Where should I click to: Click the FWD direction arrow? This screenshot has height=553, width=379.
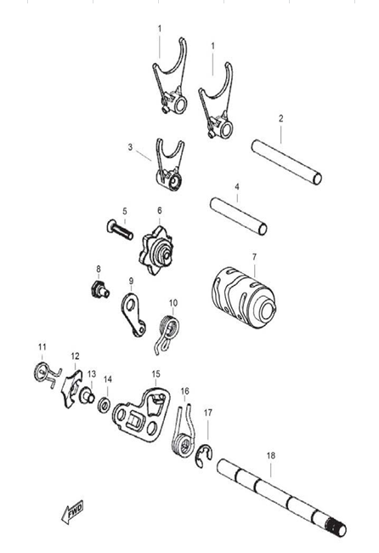(72, 511)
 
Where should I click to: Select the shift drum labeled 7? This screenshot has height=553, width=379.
(244, 298)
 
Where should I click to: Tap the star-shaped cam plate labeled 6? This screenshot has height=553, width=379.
(156, 250)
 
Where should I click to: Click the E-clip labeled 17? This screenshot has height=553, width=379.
(204, 455)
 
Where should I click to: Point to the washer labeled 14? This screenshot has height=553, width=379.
(105, 405)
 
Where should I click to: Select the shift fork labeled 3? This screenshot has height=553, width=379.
(170, 164)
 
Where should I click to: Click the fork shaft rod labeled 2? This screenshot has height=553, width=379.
(286, 162)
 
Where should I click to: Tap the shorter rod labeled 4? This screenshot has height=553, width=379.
(239, 216)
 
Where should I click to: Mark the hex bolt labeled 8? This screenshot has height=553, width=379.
(99, 290)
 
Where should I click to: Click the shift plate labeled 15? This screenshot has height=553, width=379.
(142, 415)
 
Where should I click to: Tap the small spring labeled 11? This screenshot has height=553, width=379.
(48, 374)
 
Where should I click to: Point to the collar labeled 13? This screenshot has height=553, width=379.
(87, 396)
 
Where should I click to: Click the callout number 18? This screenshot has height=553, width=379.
(270, 455)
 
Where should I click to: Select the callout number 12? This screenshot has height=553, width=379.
(75, 356)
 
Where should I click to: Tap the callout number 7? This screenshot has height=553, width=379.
(254, 257)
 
